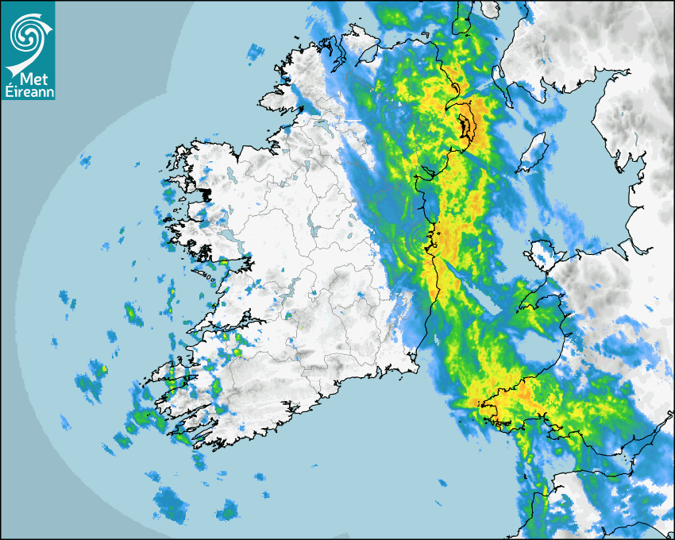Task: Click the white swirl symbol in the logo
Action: [26, 34]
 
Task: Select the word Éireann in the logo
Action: [29, 92]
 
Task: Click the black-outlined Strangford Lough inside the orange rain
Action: [466, 126]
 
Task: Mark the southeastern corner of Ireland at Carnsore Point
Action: [414, 366]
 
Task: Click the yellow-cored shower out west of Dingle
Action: [101, 370]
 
